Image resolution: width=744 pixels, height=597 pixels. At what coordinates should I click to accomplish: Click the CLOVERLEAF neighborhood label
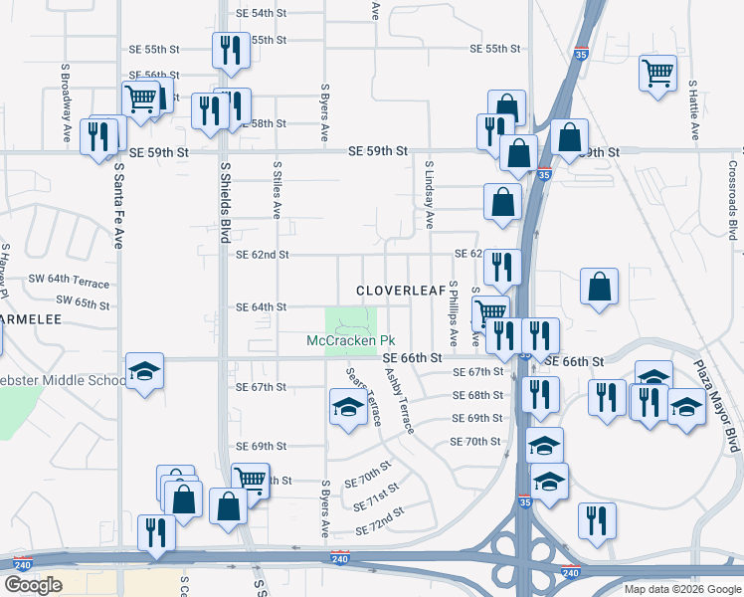coord(401,291)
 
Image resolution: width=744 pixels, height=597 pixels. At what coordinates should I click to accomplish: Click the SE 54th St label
coord(262,14)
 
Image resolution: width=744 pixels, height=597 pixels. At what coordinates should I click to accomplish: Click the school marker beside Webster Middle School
coord(145,372)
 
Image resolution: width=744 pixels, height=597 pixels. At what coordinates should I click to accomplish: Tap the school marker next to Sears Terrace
coord(348,407)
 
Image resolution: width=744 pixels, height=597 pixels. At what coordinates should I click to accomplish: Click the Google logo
coord(33,585)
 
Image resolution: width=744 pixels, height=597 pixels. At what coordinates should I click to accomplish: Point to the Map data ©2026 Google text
coord(681,589)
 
